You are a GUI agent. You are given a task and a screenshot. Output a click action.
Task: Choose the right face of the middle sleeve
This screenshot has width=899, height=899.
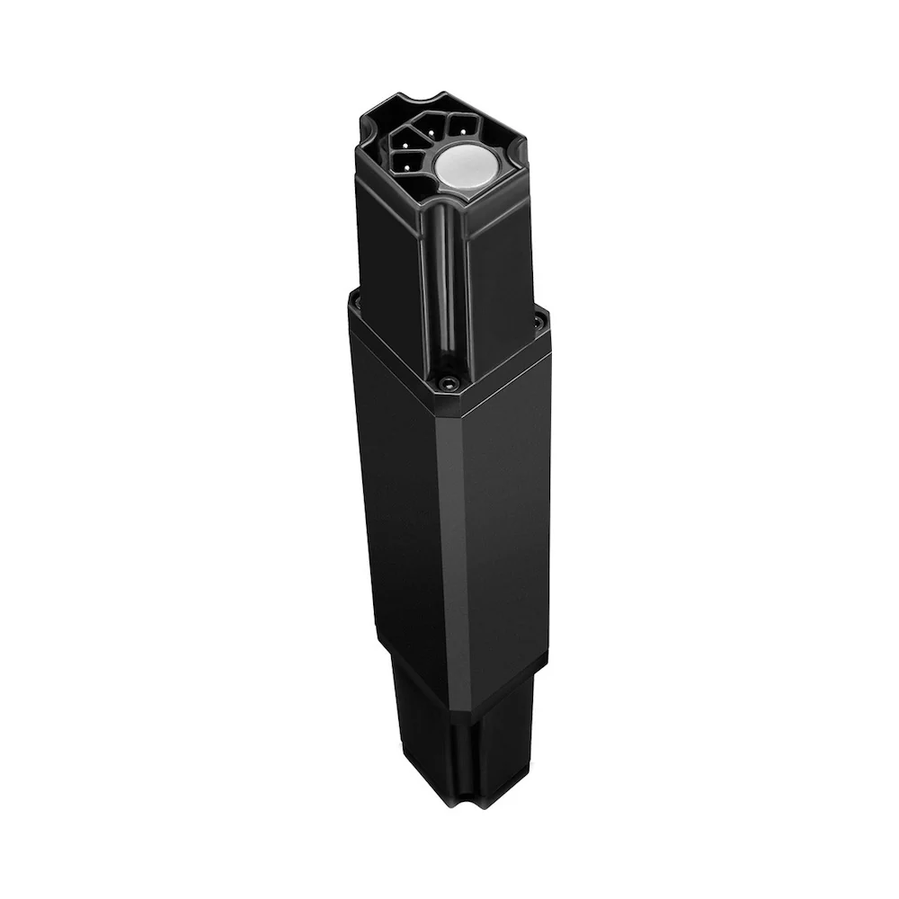[508, 503]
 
